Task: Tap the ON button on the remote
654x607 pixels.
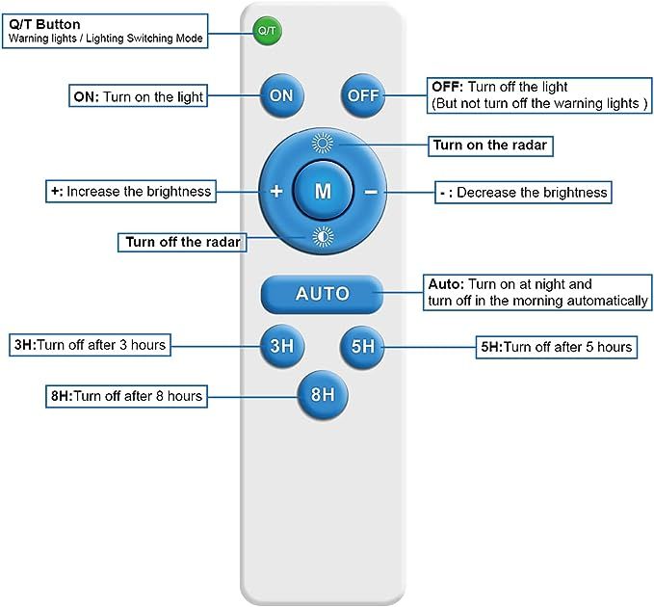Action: coord(281,95)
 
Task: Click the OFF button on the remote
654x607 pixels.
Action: coord(362,95)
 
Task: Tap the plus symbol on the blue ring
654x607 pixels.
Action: coord(276,192)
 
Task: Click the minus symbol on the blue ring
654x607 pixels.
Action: coord(371,193)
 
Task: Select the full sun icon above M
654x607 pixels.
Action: coord(323,144)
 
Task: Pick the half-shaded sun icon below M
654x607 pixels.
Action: coord(323,237)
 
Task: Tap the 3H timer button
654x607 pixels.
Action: coord(281,346)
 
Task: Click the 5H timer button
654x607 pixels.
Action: coord(362,346)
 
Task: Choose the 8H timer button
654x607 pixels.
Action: coord(323,395)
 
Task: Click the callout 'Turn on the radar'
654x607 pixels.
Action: coord(490,145)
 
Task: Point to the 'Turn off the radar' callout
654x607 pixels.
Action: coord(182,243)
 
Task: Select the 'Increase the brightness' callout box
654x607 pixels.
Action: coord(131,192)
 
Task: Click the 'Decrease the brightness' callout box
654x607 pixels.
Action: coord(523,193)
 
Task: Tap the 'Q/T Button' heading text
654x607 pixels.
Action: coord(44,24)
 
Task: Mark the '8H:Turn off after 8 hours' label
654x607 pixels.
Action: coord(126,396)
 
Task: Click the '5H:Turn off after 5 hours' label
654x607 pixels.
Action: coord(557,347)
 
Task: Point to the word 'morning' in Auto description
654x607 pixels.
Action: coord(538,301)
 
